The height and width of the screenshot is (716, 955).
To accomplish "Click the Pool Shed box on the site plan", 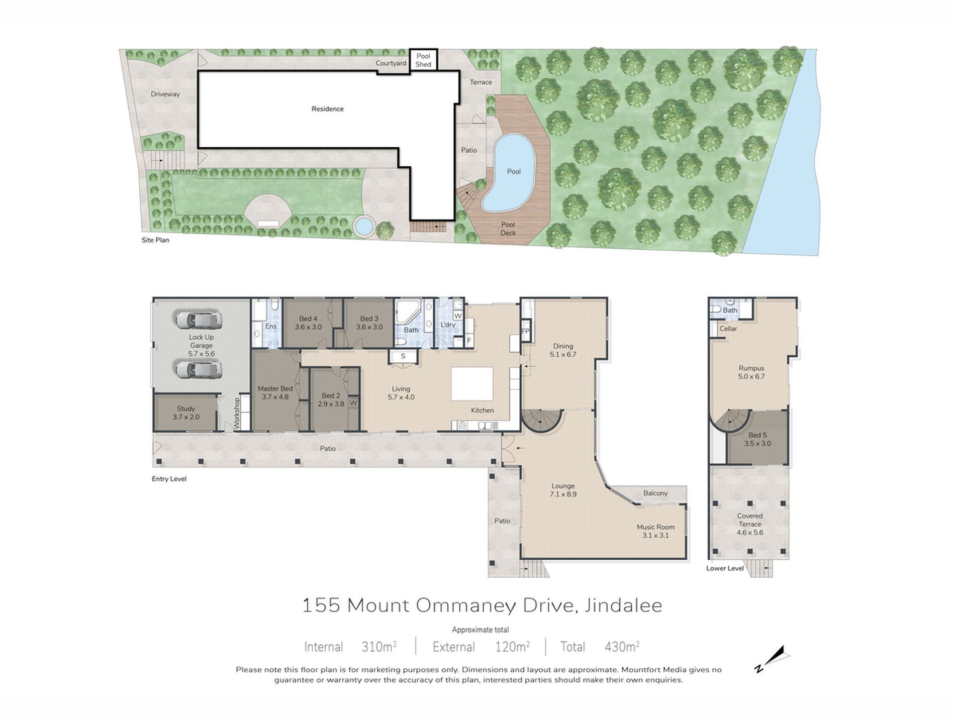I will [423, 60].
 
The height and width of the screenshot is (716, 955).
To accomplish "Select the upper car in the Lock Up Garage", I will [198, 320].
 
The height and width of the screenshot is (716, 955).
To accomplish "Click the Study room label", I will [186, 413].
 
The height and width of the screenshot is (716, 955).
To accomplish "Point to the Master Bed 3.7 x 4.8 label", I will [275, 392].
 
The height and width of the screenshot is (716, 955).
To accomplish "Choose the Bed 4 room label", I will [308, 323].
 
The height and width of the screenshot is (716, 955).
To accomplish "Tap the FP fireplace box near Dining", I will [526, 331].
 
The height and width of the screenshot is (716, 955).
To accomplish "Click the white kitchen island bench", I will [471, 383].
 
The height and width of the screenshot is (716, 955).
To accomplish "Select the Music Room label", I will [655, 531].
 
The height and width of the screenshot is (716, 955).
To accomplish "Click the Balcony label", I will [655, 493].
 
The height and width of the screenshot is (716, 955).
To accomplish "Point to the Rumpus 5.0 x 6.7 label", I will [751, 372].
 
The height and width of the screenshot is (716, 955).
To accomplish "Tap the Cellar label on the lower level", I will [728, 329].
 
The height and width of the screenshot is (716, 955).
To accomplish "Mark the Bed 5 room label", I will [757, 439].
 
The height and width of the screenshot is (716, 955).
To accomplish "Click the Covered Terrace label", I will [749, 524].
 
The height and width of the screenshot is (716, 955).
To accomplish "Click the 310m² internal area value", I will [379, 647].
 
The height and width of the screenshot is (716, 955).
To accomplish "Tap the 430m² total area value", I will [622, 647].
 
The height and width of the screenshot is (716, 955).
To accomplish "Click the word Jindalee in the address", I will [623, 605].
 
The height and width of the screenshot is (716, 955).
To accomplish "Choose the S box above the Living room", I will [403, 356].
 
